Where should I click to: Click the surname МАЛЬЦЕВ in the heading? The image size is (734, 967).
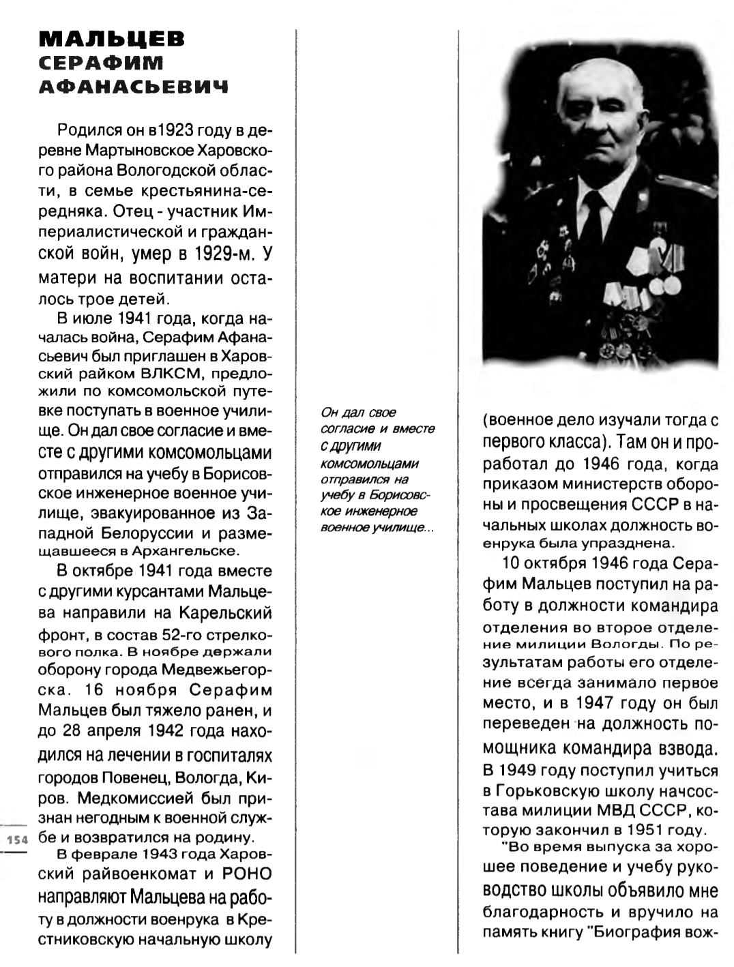111,40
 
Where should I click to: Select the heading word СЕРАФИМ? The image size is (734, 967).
102,63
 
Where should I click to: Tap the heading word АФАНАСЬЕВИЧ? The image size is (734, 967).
133,87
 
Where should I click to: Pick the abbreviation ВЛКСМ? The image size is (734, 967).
166,374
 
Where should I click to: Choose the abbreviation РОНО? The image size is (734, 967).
247,874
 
